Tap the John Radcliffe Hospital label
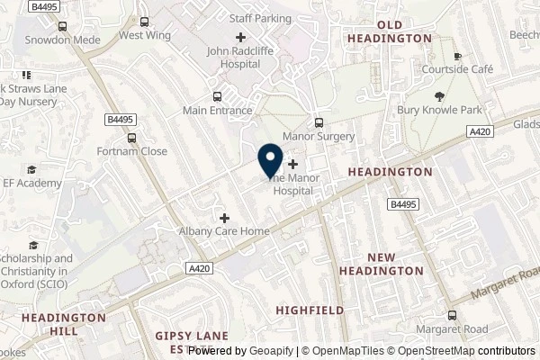240,57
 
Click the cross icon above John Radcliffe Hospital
240,37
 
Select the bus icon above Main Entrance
216,96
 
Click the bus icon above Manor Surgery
318,122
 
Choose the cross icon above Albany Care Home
224,217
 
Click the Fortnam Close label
133,151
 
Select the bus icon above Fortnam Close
133,138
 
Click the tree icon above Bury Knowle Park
440,96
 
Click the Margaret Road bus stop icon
453,315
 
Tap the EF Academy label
33,183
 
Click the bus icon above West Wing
145,21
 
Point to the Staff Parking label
260,16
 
